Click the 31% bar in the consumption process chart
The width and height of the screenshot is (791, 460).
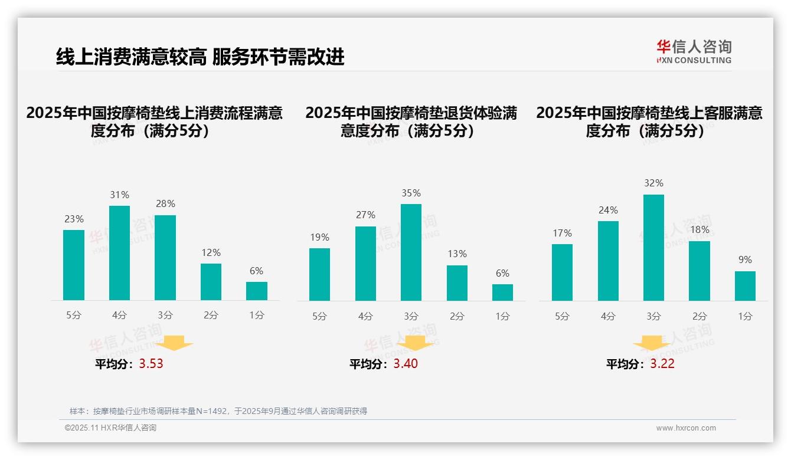pos(120,253)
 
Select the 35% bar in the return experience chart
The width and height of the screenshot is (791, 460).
pos(411,252)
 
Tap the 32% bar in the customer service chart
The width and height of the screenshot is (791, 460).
pos(653,248)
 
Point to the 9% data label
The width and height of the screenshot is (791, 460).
pos(745,259)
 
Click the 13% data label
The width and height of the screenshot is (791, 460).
pos(457,254)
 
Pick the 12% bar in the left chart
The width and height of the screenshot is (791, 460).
pos(211,282)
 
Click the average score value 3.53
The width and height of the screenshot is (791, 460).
pos(151,363)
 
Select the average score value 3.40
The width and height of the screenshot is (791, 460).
pos(406,363)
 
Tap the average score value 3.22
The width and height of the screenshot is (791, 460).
pos(662,363)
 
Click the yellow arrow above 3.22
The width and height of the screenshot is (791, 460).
pos(652,343)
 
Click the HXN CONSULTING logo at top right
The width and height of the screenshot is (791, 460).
pos(694,52)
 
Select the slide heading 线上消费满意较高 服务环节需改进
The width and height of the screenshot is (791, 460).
pos(200,57)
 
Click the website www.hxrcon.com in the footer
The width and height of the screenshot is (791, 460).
pos(686,428)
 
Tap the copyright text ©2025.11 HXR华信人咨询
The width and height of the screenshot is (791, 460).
pos(110,428)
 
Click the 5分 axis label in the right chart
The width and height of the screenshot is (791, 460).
pos(562,316)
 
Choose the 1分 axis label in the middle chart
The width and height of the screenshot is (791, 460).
pos(502,316)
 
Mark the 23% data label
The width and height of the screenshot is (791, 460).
pos(74,219)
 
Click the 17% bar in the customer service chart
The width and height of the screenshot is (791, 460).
pos(562,272)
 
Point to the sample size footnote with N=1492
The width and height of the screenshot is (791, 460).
pos(218,411)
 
